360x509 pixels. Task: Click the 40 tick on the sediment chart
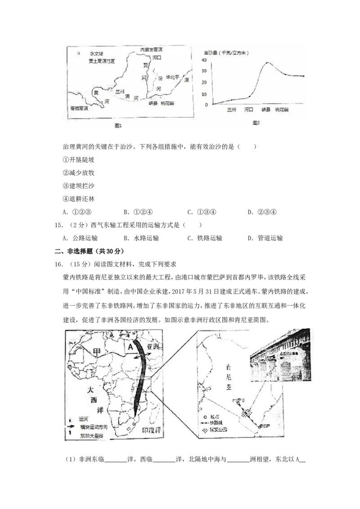(204, 60)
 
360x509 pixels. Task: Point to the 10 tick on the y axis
(204, 94)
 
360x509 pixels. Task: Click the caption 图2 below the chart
(256, 123)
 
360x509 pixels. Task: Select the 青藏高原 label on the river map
(79, 109)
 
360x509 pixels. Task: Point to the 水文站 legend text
(96, 53)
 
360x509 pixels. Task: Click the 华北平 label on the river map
(172, 77)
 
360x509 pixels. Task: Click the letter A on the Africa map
(130, 347)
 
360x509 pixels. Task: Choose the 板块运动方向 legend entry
(93, 428)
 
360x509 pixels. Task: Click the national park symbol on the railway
(246, 414)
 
